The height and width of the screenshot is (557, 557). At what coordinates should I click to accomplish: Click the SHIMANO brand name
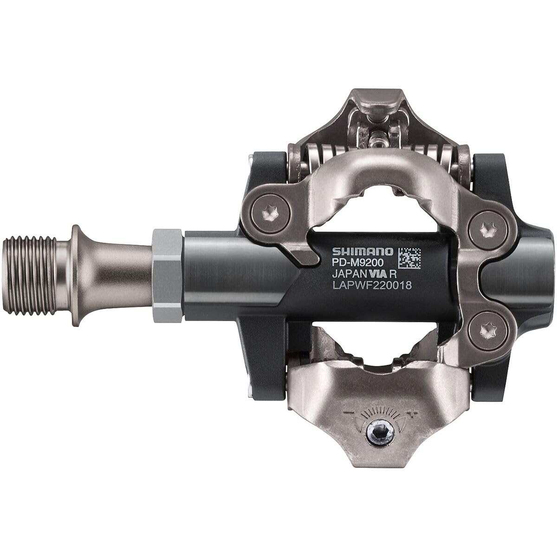[362, 251]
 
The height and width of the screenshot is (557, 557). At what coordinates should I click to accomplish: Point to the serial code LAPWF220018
[372, 286]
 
